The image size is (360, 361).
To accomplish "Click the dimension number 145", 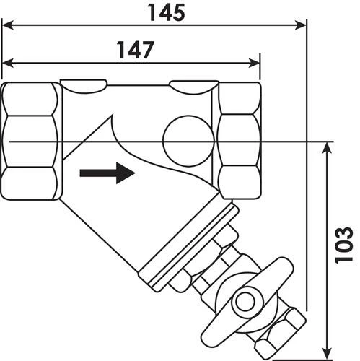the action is [x=167, y=12].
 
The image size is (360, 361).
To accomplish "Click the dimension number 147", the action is [x=136, y=50].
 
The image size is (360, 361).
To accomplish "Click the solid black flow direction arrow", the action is [x=107, y=173].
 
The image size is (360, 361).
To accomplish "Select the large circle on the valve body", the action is [x=188, y=141].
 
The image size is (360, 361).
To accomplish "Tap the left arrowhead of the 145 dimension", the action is [x=7, y=25].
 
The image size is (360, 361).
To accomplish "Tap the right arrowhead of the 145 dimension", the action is [x=300, y=25].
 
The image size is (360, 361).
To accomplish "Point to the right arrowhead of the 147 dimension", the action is [x=254, y=63].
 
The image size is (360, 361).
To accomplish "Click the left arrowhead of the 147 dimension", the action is [x=7, y=63].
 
